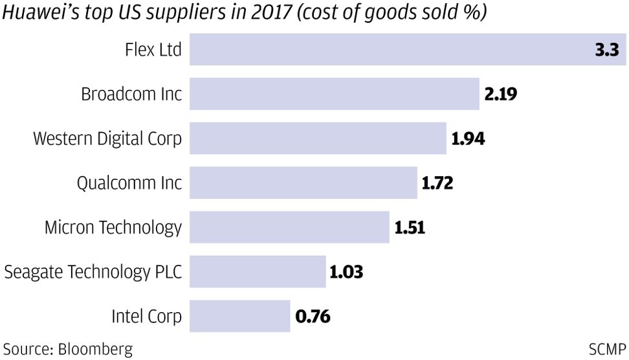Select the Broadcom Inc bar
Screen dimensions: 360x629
point(334,95)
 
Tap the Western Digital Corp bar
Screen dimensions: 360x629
point(318,139)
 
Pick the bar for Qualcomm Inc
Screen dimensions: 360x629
point(303,183)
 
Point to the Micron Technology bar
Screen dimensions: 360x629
point(289,227)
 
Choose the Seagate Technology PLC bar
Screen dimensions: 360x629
point(258,271)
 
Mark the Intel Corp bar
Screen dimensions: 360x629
point(239,316)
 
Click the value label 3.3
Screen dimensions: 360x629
point(607,49)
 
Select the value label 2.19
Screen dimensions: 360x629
point(501,95)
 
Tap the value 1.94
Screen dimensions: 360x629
point(468,139)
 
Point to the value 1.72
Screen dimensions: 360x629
point(438,183)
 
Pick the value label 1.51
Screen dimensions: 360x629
point(410,227)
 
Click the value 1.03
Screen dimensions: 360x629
point(347,271)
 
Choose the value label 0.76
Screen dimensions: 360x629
point(313,317)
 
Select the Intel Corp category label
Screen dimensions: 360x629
point(148,317)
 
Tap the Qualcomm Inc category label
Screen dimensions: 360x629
point(129,184)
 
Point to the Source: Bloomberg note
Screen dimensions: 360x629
point(67,350)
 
